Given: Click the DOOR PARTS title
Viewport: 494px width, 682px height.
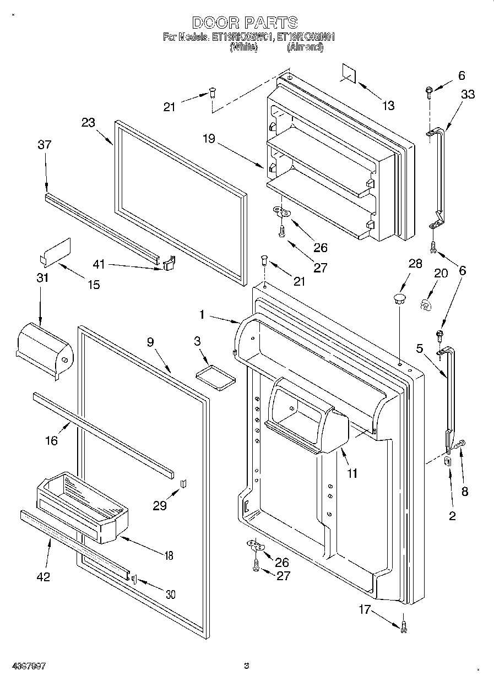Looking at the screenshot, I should click(x=245, y=23).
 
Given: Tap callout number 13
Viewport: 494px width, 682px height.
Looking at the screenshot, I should click(x=389, y=105).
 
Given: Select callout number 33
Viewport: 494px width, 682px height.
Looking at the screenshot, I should click(x=468, y=94).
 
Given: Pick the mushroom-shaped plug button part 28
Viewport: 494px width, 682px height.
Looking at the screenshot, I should click(x=400, y=299).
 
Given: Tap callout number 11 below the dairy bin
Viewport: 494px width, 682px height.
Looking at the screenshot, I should click(x=351, y=473).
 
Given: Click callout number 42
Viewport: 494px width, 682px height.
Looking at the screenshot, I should click(x=42, y=576).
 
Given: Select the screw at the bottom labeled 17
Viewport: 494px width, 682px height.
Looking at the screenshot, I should click(x=404, y=625).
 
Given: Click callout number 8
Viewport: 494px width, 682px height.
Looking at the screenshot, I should click(x=465, y=492).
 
